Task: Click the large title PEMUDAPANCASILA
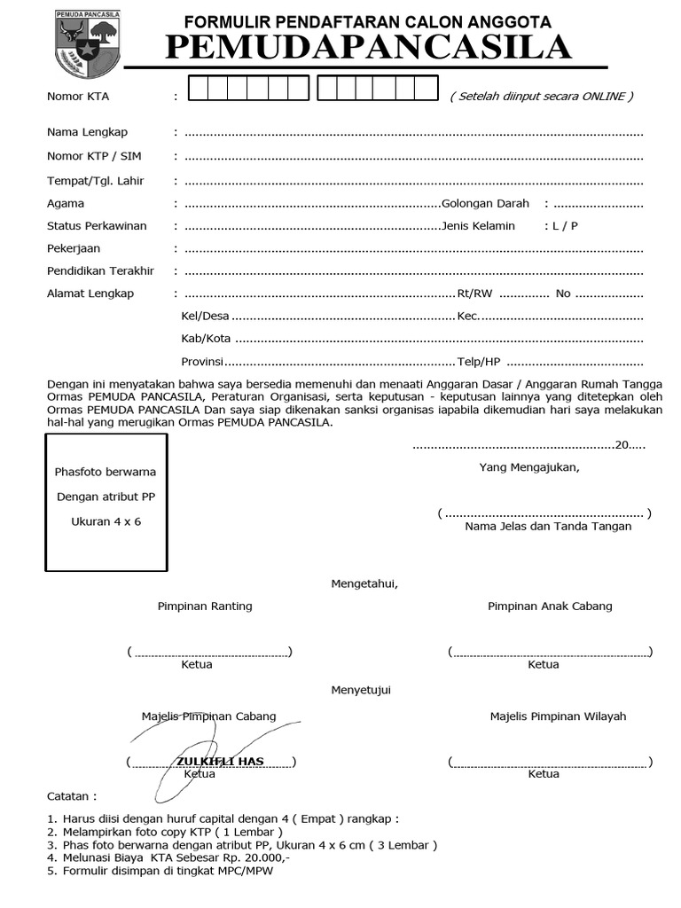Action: (x=368, y=47)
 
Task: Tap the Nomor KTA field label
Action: (x=78, y=97)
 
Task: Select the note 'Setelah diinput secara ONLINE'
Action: (x=541, y=97)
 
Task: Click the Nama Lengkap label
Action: (x=87, y=132)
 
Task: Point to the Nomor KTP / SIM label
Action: (x=94, y=156)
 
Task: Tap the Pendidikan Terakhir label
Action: (x=100, y=270)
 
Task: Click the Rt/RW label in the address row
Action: (x=474, y=294)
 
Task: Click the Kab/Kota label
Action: (x=206, y=339)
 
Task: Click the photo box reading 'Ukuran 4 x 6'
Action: (x=106, y=502)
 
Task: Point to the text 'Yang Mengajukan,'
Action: (x=529, y=467)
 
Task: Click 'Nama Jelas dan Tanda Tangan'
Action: (x=548, y=527)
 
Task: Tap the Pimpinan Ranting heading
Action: (x=205, y=607)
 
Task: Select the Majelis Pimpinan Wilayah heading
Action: (x=558, y=716)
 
